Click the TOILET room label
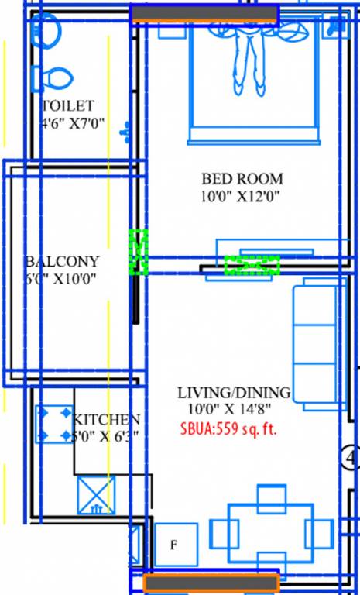click(x=68, y=105)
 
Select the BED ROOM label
click(x=242, y=178)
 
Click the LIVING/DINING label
click(x=233, y=392)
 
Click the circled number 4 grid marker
click(x=351, y=459)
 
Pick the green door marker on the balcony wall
click(x=139, y=252)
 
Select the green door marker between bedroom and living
click(x=252, y=266)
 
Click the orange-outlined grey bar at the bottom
click(x=211, y=583)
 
